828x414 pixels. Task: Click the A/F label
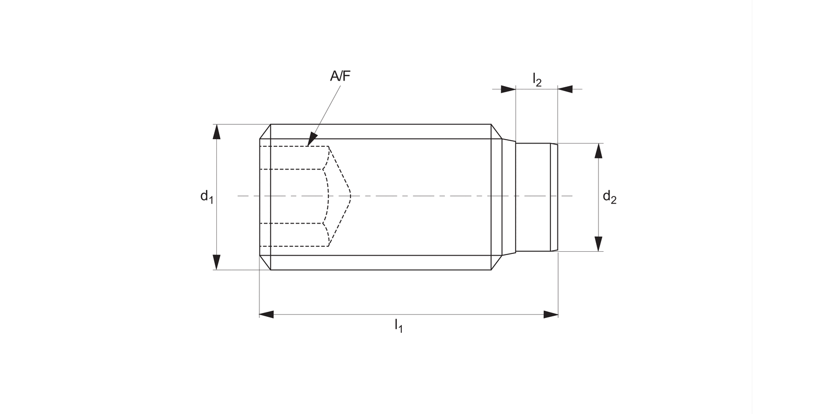[x=340, y=76]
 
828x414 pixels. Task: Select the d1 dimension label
[x=206, y=197]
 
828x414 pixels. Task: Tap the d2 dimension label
[x=609, y=197]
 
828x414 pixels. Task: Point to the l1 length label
[x=399, y=326]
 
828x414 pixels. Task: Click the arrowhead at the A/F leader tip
[x=312, y=139]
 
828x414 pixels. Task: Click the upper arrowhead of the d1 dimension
[x=216, y=131]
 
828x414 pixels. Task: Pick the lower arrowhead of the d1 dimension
[x=216, y=262]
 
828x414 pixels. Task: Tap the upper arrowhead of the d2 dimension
[x=598, y=151]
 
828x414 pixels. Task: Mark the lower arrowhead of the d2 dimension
[x=598, y=244]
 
